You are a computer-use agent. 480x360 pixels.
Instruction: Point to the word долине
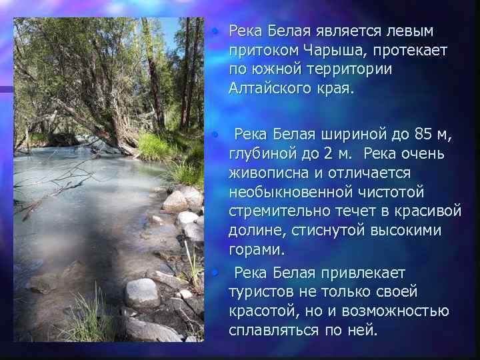pyautogui.click(x=256, y=231)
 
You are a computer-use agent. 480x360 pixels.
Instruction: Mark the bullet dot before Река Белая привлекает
pyautogui.click(x=215, y=272)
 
